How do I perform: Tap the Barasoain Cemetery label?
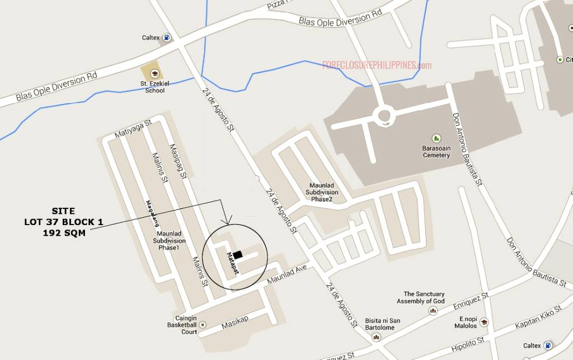436,152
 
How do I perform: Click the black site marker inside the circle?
238,255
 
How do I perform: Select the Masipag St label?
177,159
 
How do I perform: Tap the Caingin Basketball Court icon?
202,325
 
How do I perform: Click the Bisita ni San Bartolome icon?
376,338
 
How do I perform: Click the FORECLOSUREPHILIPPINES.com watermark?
377,66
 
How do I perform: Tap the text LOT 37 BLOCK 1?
63,222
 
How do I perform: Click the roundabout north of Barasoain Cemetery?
383,115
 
